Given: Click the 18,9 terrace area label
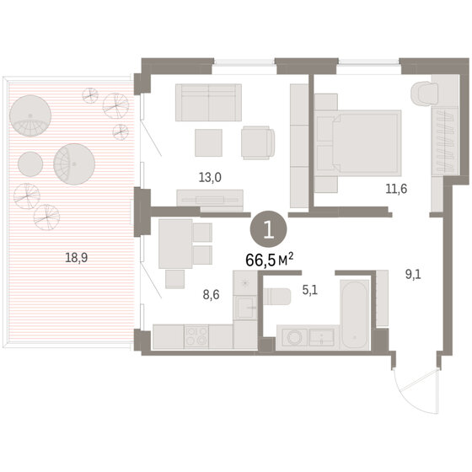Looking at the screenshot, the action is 77,258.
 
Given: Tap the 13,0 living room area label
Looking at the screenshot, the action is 210,178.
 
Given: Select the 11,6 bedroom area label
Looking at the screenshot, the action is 396,189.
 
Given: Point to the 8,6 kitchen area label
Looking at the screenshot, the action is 211,295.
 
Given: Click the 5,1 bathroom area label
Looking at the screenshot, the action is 310,291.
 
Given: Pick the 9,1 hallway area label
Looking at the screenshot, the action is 413,275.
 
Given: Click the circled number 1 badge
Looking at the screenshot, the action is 268,229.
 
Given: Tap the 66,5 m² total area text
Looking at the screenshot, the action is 270,260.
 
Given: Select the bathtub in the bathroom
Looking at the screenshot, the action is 355,314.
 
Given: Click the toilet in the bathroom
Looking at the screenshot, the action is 277,297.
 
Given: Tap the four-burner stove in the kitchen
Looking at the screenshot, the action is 196,336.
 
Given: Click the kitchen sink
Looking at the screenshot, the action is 246,307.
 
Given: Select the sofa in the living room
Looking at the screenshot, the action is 209,102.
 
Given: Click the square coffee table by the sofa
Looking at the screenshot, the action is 209,142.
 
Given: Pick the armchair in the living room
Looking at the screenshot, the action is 258,142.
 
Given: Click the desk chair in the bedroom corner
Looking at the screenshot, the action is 425,94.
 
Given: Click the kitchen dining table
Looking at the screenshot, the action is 175,244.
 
